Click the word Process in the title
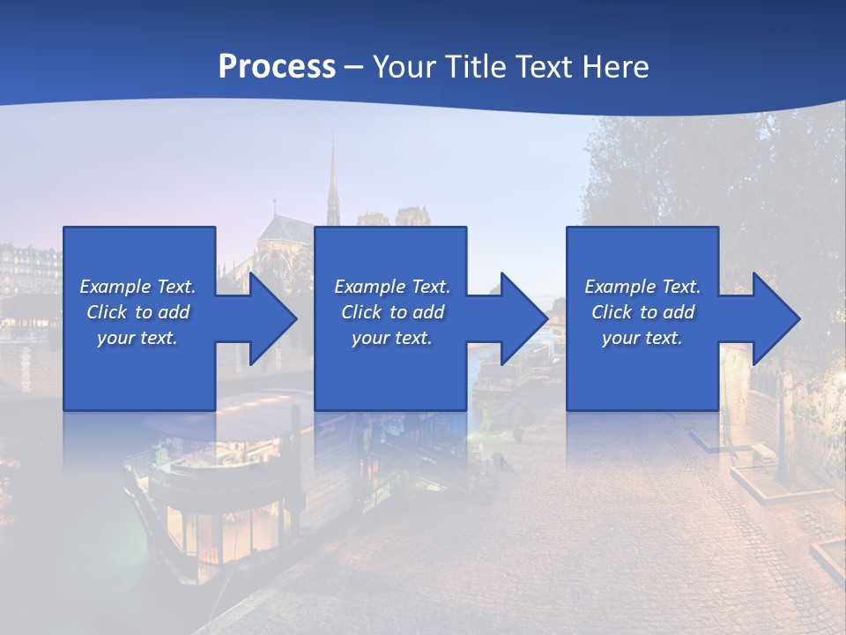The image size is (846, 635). tap(277, 66)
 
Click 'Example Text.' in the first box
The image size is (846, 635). tap(137, 287)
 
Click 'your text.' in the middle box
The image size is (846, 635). tap(391, 338)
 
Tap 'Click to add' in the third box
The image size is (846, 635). tap(642, 312)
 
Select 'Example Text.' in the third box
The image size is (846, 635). tap(642, 287)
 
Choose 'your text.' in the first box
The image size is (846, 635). tap(137, 338)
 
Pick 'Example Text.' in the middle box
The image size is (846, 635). tap(391, 287)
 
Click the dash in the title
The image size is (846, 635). tap(353, 67)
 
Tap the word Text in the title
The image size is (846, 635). tap(545, 66)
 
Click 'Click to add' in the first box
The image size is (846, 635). tap(137, 312)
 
